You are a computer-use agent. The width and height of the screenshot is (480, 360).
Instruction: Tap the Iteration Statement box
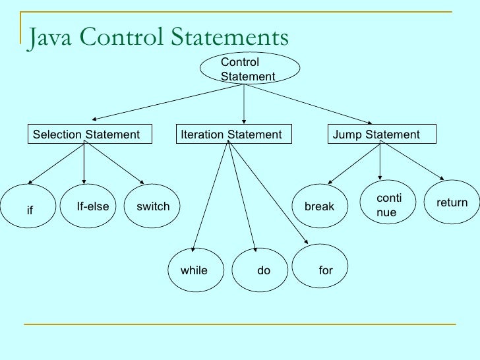click(231, 134)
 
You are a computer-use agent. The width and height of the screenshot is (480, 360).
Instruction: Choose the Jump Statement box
click(382, 134)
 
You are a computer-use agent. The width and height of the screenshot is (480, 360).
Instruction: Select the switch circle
click(152, 207)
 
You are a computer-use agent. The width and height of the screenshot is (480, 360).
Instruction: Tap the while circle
click(195, 270)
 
